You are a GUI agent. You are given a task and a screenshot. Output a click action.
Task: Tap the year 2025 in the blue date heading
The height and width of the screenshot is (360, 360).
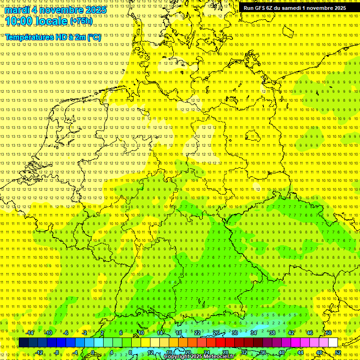click(94, 10)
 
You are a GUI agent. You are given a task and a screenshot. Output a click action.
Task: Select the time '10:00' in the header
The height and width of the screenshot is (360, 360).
click(20, 21)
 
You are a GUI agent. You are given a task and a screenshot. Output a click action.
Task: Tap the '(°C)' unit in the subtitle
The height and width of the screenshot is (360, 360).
click(94, 37)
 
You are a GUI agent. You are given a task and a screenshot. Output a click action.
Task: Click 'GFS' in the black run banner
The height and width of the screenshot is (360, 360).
click(262, 8)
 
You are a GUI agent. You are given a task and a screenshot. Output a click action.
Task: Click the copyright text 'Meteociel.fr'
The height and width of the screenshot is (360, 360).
click(219, 357)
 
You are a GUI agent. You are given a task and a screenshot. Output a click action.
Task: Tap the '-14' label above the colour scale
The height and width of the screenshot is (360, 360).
click(30, 333)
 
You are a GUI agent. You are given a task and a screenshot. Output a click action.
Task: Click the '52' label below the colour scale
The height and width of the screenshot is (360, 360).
click(338, 352)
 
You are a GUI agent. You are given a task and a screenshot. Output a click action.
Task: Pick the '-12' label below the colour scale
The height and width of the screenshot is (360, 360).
click(39, 352)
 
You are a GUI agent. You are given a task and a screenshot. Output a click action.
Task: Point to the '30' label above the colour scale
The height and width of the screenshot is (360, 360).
click(235, 333)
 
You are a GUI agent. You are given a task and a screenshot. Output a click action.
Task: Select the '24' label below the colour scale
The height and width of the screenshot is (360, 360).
click(207, 352)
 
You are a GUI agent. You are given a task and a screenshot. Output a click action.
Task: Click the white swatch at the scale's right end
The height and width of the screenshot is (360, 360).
click(333, 343)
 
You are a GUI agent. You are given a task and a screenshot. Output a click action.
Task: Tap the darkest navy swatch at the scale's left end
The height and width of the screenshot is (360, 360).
click(23, 343)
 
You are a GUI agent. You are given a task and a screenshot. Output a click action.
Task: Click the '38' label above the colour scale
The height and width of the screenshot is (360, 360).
click(272, 333)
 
